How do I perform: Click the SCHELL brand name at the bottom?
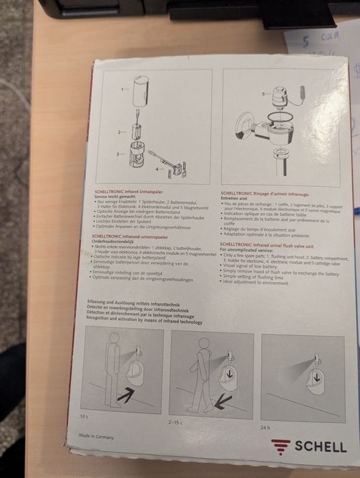[320, 446]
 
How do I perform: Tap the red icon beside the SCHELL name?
[281, 446]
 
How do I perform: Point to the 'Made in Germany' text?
[97, 435]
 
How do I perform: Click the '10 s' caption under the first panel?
[84, 415]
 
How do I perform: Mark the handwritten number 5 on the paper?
[307, 40]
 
